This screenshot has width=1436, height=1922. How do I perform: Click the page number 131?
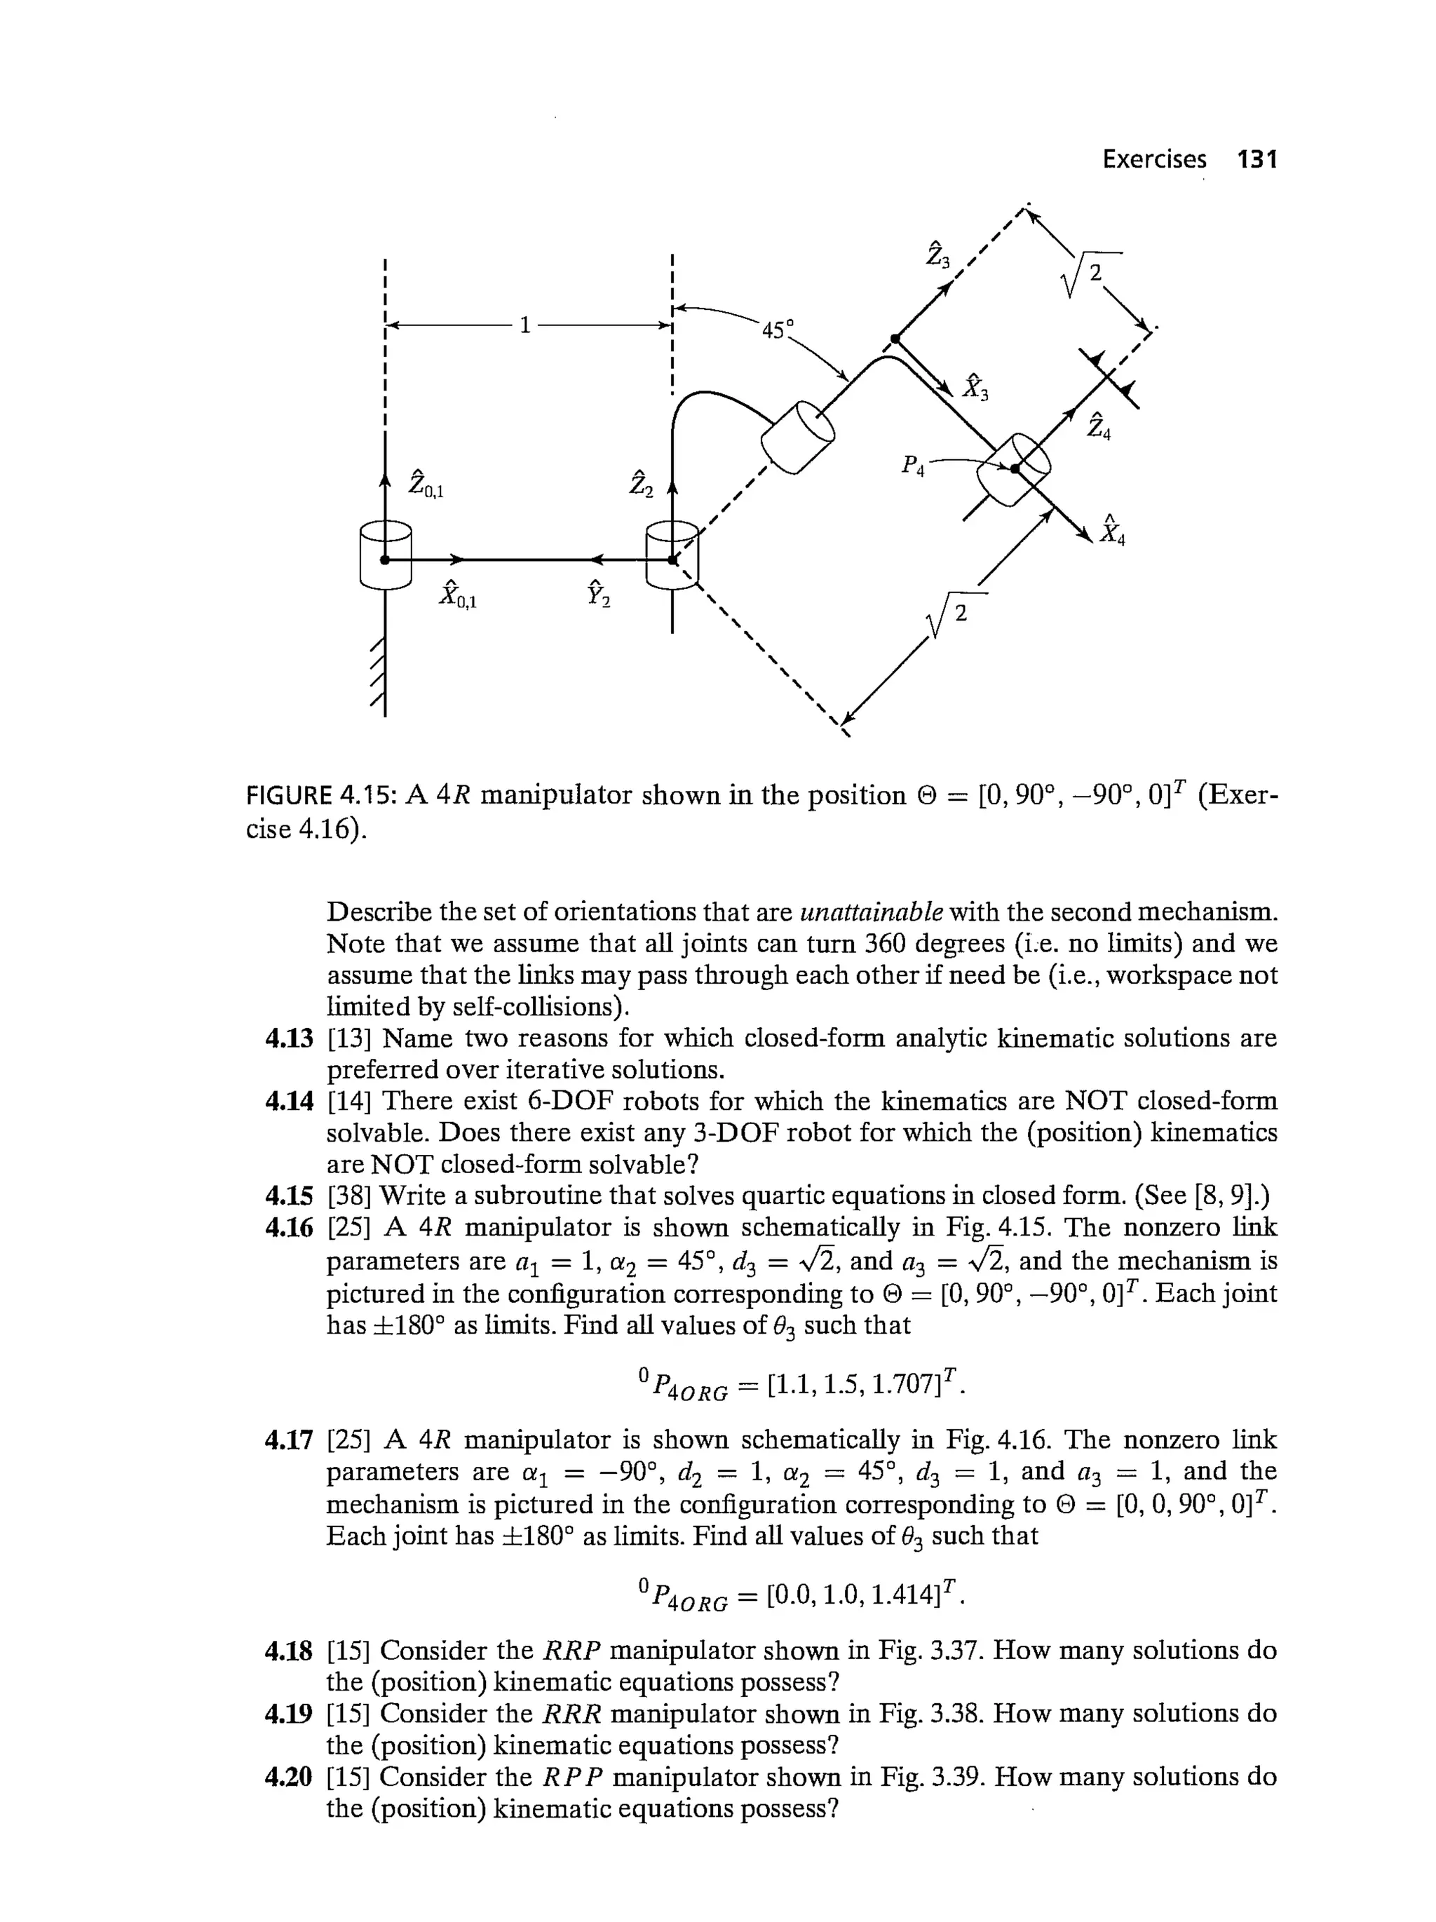[x=1257, y=159]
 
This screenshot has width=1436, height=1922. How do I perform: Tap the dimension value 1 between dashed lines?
[x=524, y=325]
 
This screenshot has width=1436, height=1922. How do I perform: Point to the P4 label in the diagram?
[x=912, y=466]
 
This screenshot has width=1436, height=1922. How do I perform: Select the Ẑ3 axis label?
[x=937, y=253]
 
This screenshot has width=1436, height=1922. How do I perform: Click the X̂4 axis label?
[x=1112, y=530]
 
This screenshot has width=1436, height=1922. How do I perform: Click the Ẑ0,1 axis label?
[x=425, y=484]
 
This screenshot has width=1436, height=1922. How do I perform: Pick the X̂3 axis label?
[x=975, y=386]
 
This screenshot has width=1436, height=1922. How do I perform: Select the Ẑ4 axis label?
[x=1098, y=425]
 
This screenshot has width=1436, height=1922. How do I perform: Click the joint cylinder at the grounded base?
[x=385, y=556]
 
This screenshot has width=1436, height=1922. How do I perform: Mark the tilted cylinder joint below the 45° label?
[x=797, y=437]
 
